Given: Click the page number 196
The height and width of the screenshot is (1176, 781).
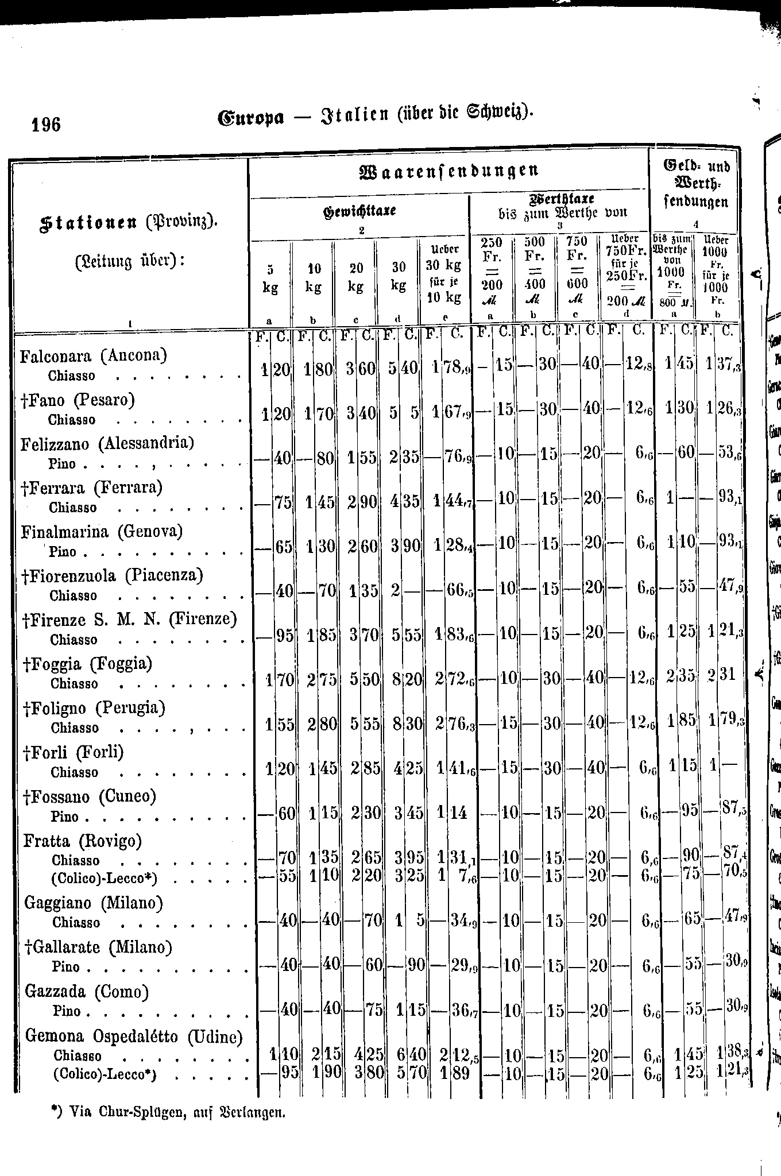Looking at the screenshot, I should tap(47, 123).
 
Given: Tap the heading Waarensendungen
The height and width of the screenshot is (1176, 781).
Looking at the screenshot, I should tap(449, 171).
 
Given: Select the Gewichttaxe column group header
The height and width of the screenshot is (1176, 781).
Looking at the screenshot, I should tap(360, 211).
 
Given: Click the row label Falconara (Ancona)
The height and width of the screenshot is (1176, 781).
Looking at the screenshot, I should tap(93, 356).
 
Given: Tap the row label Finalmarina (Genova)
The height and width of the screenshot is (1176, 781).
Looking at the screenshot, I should tap(102, 532).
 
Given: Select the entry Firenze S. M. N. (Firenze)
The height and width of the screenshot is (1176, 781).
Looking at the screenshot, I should tap(130, 620).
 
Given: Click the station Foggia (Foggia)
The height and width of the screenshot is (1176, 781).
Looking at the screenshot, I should tap(87, 664).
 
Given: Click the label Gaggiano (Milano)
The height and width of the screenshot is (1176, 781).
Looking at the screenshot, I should tap(93, 903).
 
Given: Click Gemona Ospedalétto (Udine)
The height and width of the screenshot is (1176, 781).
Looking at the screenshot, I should tap(134, 1036).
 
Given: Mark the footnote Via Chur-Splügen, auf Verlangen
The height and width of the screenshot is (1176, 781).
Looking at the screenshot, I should tap(169, 1112).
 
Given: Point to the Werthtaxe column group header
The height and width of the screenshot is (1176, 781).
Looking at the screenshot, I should tap(560, 206).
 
